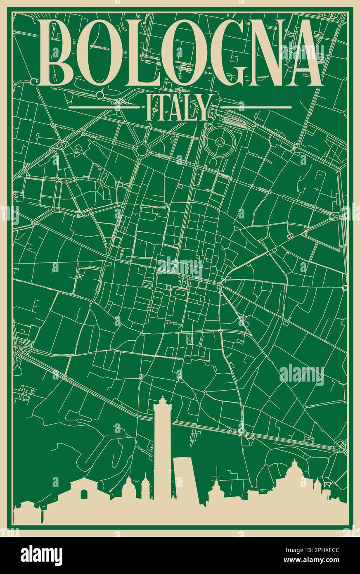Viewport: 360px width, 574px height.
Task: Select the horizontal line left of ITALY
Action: point(104,107)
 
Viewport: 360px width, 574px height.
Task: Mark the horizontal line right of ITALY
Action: point(256,107)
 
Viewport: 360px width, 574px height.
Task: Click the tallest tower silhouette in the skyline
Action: point(162,454)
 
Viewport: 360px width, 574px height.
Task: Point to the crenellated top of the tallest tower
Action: point(162,401)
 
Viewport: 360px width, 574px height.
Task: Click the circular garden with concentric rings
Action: point(220,142)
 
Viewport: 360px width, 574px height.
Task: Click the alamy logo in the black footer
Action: point(41,555)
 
